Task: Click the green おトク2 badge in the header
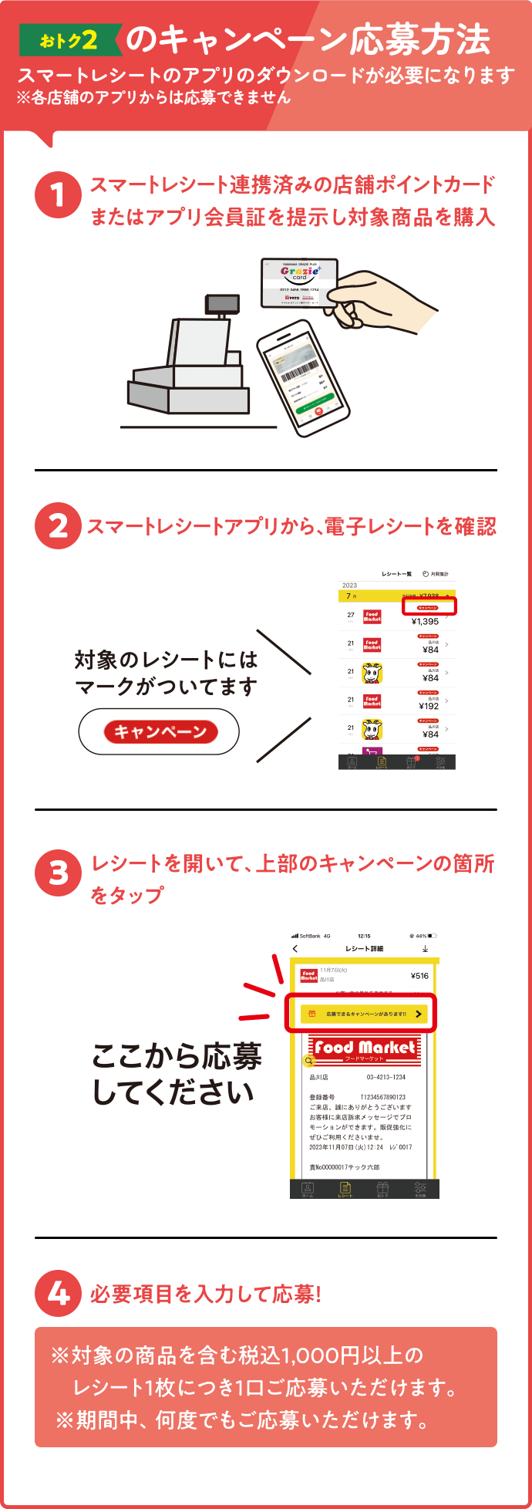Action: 69,40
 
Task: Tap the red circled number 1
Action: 58,194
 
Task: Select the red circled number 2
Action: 58,526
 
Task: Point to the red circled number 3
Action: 58,873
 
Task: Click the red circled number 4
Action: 58,1293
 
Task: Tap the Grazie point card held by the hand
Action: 299,282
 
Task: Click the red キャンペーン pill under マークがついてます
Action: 160,732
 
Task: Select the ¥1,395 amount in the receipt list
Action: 425,621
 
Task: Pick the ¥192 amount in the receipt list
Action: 429,706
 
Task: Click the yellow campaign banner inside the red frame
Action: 363,1014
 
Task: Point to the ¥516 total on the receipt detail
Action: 419,976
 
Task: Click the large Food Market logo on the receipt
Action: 364,1048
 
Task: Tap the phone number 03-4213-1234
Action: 386,1077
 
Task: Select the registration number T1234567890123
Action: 382,1097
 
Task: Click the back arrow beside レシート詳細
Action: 295,948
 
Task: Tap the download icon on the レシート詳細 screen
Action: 425,948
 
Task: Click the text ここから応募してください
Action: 176,1074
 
